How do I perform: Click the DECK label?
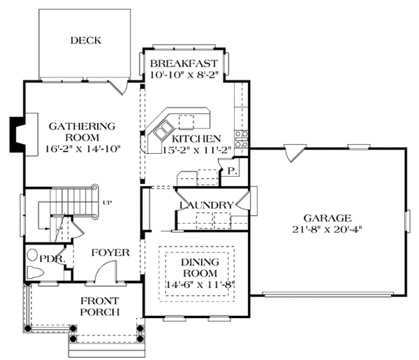[x=86, y=41]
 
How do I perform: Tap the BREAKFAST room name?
[x=184, y=64]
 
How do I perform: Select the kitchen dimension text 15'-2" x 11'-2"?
[x=197, y=150]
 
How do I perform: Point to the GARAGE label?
[x=328, y=218]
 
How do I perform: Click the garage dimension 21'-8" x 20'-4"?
[x=327, y=229]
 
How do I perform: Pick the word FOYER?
[x=110, y=252]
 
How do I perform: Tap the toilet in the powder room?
[x=35, y=273]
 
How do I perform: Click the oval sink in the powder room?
[x=32, y=255]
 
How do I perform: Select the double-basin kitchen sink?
[x=163, y=130]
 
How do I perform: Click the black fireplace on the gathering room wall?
[x=16, y=134]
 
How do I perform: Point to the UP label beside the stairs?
[x=107, y=203]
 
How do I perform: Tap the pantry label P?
[x=232, y=171]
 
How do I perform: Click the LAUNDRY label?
[x=206, y=205]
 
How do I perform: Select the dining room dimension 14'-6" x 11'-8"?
[x=200, y=285]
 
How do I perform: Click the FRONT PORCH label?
[x=100, y=306]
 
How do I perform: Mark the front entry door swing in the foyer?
[x=106, y=271]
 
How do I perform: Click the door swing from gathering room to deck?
[x=119, y=87]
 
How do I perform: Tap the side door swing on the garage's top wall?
[x=294, y=153]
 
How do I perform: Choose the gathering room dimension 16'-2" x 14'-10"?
[x=83, y=149]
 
